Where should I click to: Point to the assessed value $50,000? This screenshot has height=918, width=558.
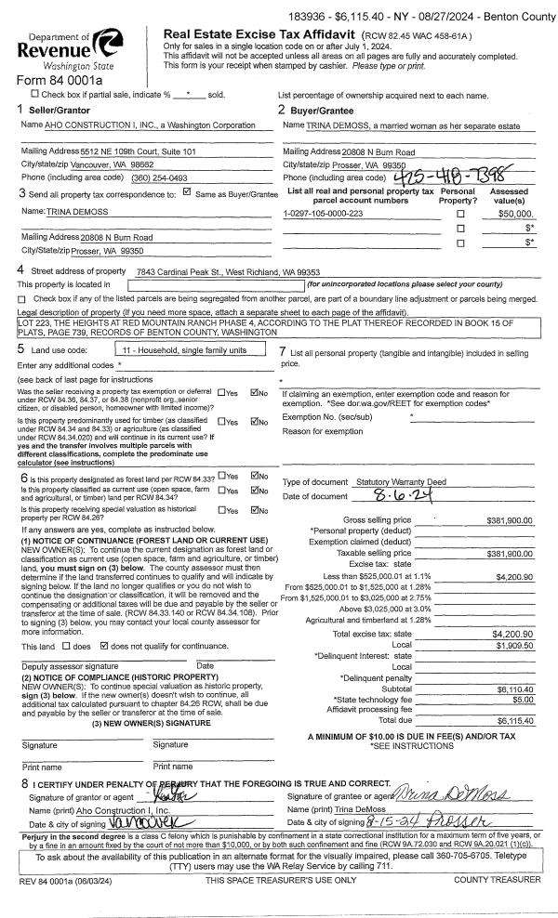(x=517, y=214)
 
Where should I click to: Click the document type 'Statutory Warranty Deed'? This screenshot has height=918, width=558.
(x=401, y=482)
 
